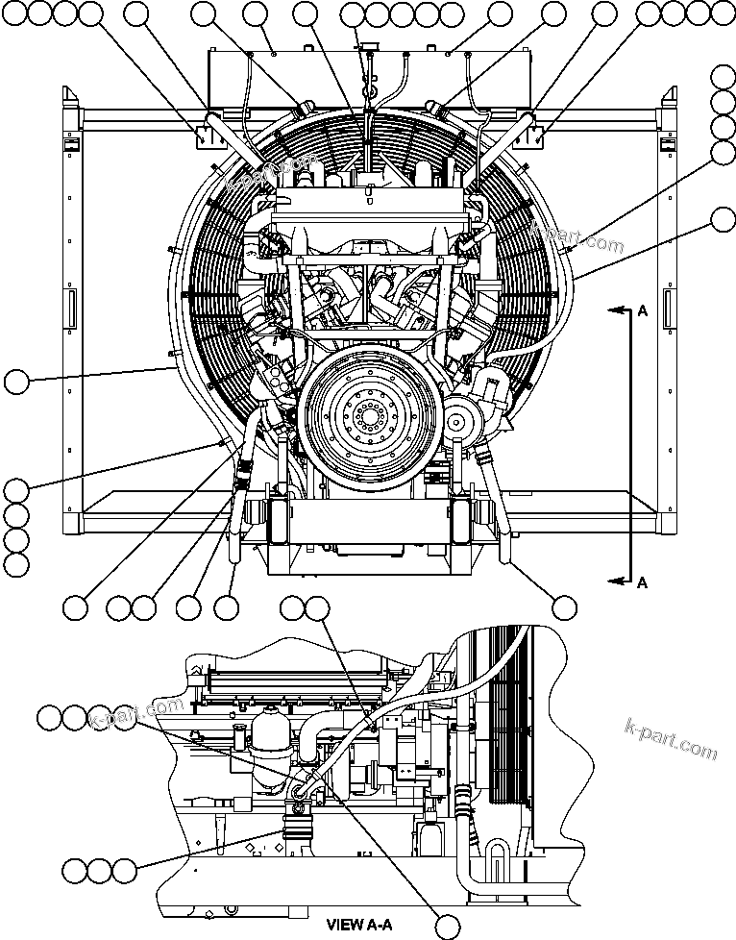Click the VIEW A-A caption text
pyautogui.click(x=359, y=925)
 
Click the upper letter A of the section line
pyautogui.click(x=643, y=309)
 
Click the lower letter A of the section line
pyautogui.click(x=643, y=581)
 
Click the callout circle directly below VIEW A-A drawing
pyautogui.click(x=445, y=925)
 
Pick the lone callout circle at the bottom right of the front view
pyautogui.click(x=565, y=606)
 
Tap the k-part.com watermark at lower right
pyautogui.click(x=670, y=738)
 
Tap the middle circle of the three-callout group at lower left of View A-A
pyautogui.click(x=99, y=871)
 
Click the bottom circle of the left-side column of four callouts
pyautogui.click(x=15, y=564)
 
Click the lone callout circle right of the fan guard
pyautogui.click(x=724, y=221)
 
